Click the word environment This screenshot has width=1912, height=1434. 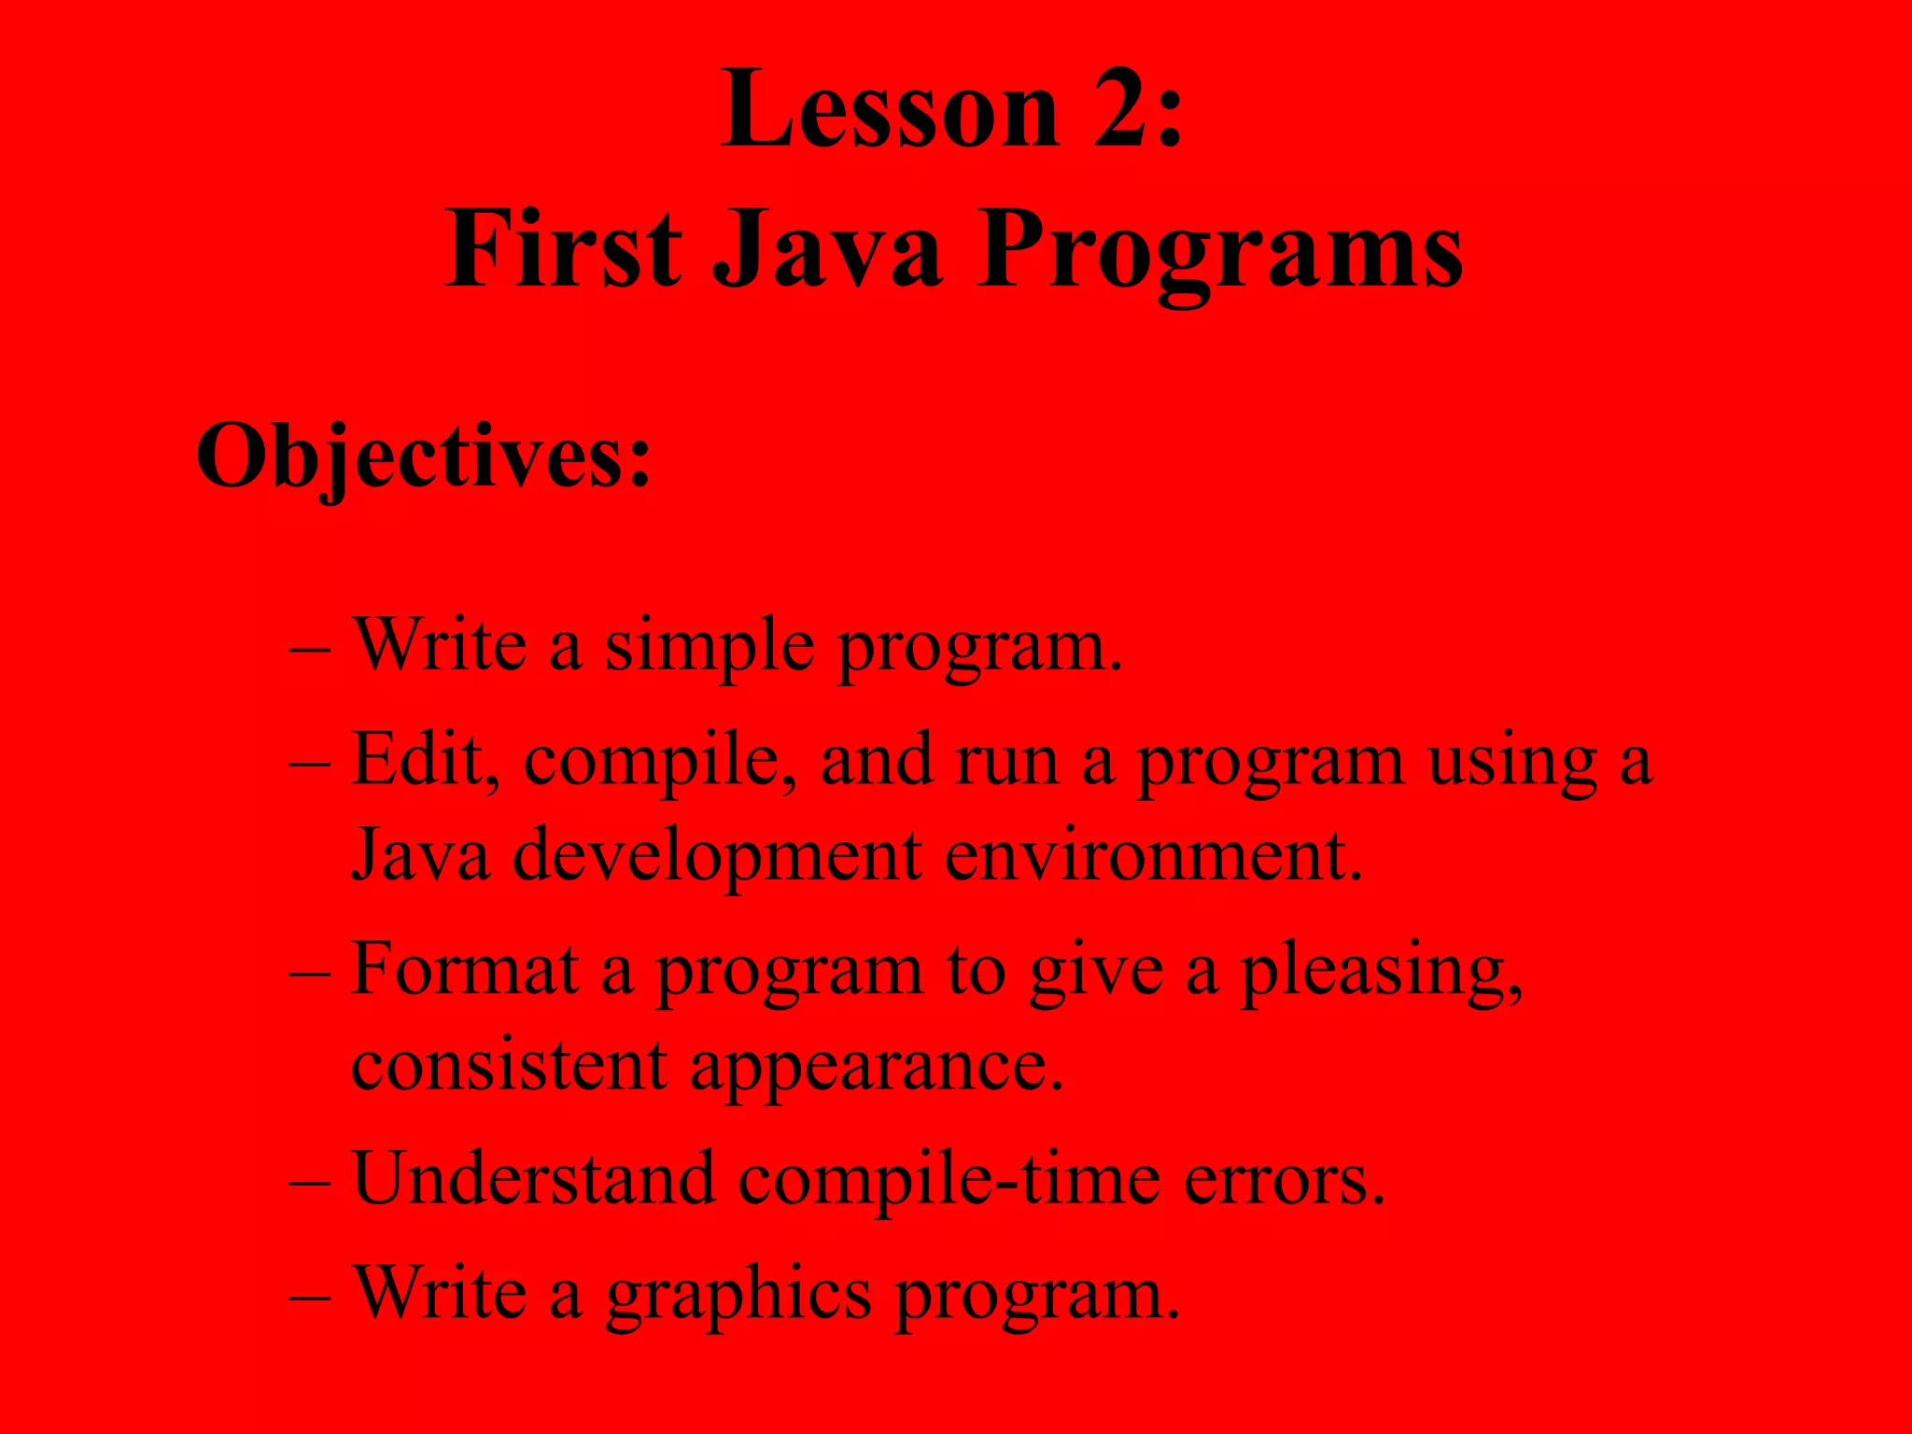click(1152, 857)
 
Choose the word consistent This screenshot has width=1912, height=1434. click(509, 1066)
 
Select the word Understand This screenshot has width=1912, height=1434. click(534, 1178)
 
